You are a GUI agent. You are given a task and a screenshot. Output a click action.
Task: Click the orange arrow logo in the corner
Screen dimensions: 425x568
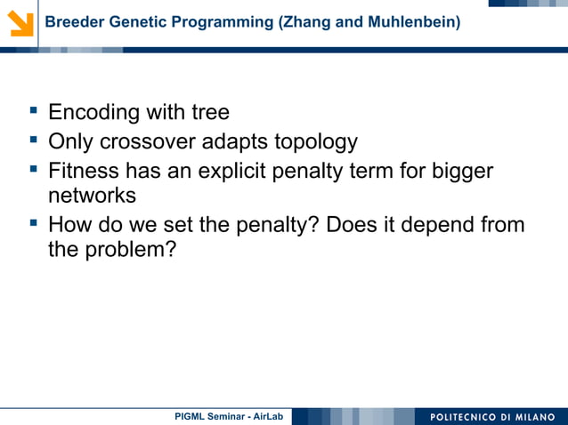(20, 22)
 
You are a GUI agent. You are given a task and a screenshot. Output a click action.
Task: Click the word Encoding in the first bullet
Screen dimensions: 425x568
(93, 113)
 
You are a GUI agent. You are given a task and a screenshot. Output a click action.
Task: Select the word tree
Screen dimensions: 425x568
(210, 113)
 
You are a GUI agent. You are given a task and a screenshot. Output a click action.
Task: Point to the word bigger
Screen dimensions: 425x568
(458, 171)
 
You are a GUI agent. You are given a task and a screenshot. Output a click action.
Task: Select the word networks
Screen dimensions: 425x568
(92, 196)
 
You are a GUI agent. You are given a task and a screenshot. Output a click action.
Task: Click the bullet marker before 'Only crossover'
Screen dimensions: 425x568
(34, 140)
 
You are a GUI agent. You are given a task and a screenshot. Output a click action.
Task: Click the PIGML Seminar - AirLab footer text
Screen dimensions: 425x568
(228, 416)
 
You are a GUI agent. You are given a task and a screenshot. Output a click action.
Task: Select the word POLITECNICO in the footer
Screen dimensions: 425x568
(465, 416)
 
